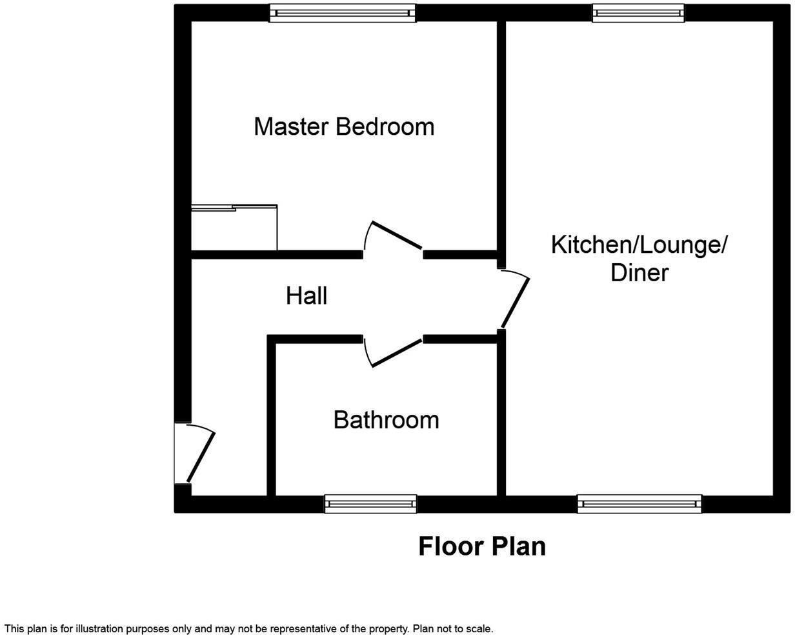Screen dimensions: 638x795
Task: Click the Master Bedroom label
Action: click(x=344, y=126)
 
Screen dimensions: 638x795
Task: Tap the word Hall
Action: click(x=307, y=296)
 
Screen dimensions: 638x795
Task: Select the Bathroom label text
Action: click(x=386, y=420)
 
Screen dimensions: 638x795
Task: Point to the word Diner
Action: click(x=639, y=273)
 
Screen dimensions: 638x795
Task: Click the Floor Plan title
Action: click(x=482, y=546)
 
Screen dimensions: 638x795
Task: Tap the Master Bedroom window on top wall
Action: click(x=343, y=13)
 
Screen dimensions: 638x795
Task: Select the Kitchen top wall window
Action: click(x=638, y=13)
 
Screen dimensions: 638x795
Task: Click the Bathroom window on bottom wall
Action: click(x=370, y=504)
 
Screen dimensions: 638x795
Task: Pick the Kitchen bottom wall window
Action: click(x=639, y=504)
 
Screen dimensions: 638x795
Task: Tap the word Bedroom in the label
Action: click(x=385, y=126)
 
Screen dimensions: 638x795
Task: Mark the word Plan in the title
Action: click(x=518, y=546)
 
